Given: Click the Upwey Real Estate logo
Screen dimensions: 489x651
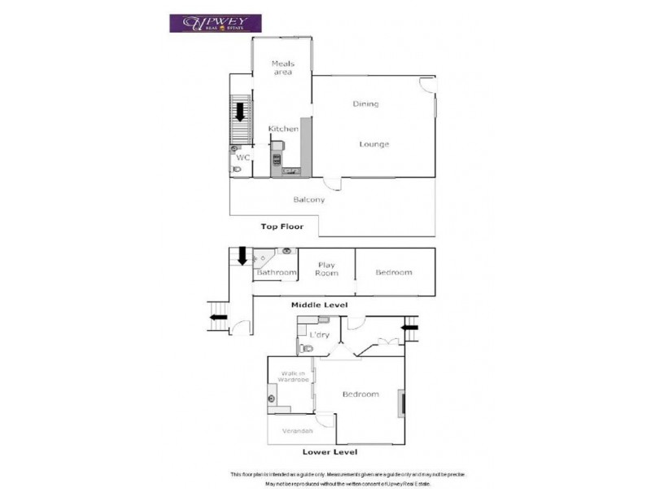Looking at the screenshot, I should click(x=215, y=24).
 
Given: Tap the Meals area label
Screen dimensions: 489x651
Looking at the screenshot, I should click(x=282, y=68).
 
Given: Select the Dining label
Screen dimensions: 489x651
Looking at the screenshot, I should click(x=365, y=104).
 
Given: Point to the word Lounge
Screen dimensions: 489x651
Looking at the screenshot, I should click(x=374, y=144).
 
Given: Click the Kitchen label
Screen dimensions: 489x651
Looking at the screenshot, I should click(x=283, y=130).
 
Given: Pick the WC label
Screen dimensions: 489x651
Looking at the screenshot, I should click(x=242, y=156).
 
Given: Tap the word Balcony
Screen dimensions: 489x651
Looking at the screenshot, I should click(x=308, y=200).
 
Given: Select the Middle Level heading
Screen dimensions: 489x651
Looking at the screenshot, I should click(x=319, y=305).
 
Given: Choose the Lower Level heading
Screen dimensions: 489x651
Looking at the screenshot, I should click(x=330, y=452).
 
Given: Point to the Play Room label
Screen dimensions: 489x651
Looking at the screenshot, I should click(x=326, y=269).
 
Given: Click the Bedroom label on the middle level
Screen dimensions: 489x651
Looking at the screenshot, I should click(x=394, y=272).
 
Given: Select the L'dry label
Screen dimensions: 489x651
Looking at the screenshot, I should click(x=318, y=335).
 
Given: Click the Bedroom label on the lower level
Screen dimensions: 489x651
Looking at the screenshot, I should click(x=360, y=394).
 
